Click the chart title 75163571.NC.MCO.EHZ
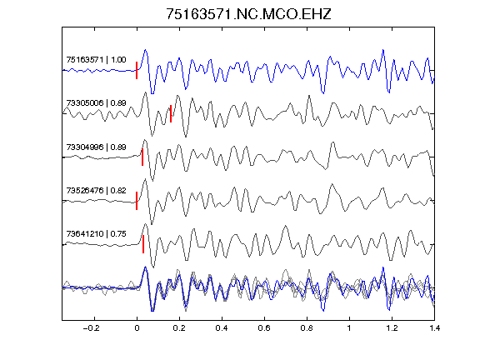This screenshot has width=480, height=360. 248,14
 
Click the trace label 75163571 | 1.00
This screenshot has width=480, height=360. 96,59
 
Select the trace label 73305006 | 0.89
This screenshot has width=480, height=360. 96,102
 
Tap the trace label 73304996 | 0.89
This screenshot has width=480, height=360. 96,147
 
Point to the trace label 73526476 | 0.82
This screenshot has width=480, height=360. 96,190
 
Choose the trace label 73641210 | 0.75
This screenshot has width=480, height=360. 96,234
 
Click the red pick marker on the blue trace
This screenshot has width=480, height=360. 137,70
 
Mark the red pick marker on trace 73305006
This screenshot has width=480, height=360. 171,113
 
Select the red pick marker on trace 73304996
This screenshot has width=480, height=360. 142,157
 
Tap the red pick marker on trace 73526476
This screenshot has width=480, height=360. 137,201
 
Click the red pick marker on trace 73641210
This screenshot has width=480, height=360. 143,244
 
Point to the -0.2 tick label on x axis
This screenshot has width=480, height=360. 91,328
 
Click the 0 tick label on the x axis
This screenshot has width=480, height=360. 137,328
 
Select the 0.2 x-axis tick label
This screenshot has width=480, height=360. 179,328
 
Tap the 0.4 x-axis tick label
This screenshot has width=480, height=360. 222,328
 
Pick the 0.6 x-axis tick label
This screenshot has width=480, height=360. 264,328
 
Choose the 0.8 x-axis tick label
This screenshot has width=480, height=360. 307,328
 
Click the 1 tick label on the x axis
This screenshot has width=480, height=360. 349,328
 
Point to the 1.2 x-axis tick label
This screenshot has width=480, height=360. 392,328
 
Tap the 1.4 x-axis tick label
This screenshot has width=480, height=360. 434,328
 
